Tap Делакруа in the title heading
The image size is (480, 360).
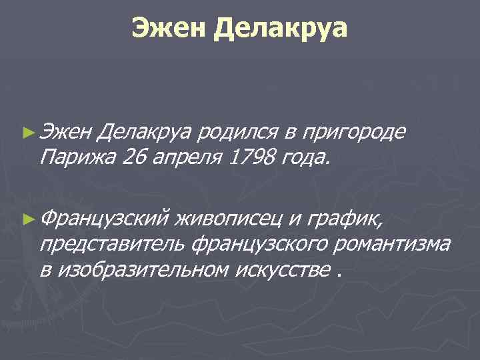tap(281, 27)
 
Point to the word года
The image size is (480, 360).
tap(303, 159)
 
